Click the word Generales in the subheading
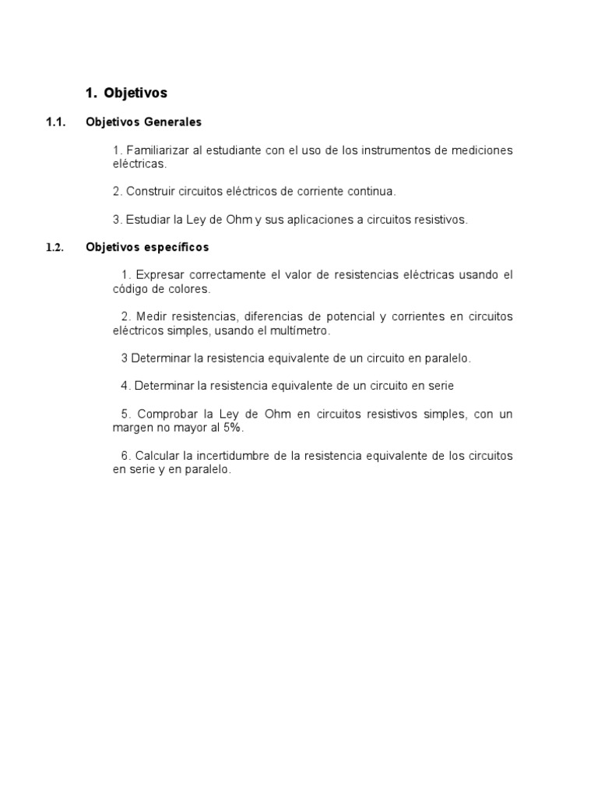(173, 122)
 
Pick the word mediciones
(482, 150)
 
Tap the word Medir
(150, 316)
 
